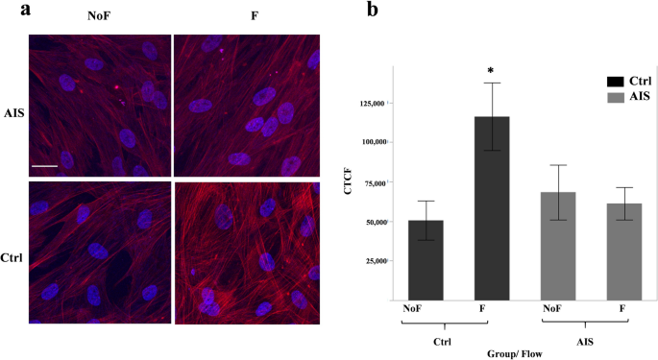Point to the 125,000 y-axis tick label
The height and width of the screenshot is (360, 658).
370,103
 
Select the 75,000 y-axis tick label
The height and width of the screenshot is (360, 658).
372,182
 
